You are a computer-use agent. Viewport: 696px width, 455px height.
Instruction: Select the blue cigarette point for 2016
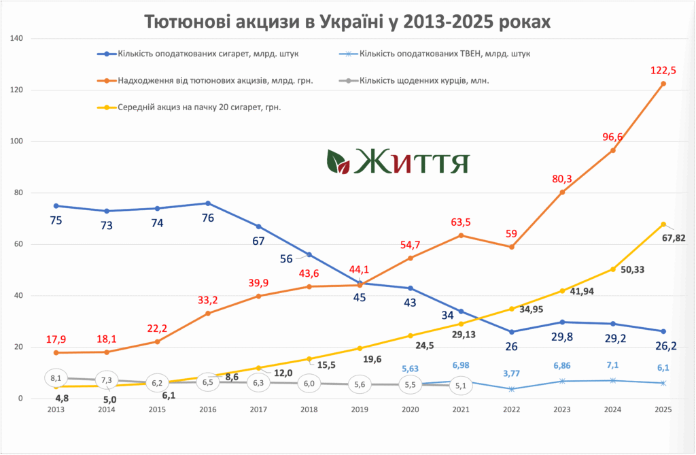(x=207, y=203)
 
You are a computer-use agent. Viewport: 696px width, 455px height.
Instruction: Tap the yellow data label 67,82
(x=676, y=239)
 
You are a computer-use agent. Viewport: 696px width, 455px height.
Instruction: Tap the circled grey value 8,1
(x=56, y=377)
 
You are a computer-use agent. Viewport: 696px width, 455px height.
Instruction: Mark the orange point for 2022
(x=511, y=247)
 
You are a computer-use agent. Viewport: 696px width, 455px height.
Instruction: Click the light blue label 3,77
(x=511, y=373)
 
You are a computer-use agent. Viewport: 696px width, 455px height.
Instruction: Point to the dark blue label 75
(x=56, y=220)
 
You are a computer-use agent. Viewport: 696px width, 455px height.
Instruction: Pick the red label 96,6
(x=612, y=137)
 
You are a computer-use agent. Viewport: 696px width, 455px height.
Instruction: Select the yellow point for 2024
(x=612, y=269)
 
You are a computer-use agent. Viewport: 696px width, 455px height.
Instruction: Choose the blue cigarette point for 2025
(x=663, y=331)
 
